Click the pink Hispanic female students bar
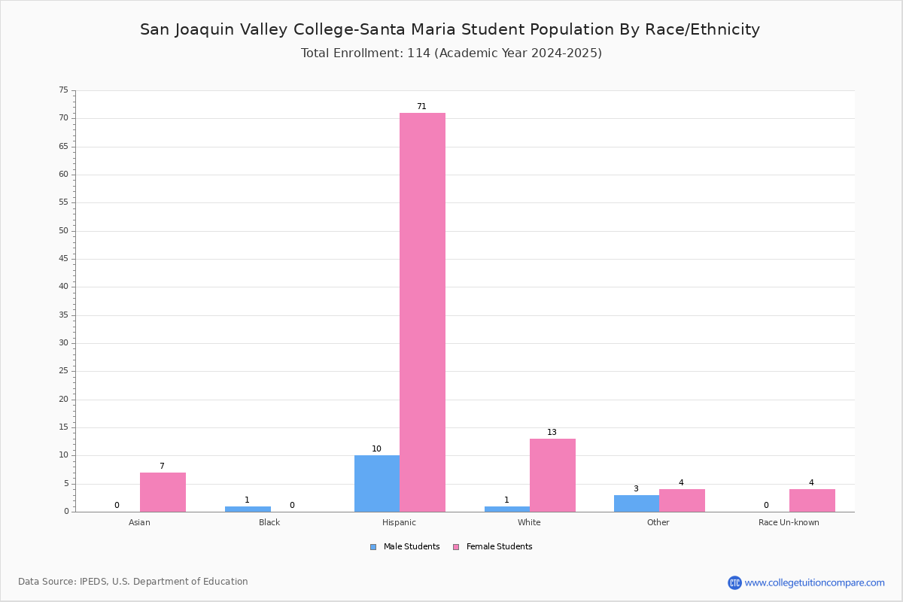click(422, 312)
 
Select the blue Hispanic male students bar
click(377, 484)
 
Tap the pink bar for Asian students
click(163, 492)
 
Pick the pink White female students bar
click(552, 476)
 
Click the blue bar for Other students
click(637, 503)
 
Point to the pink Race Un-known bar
click(812, 501)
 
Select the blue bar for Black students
click(248, 509)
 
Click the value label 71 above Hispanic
click(421, 106)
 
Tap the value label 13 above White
click(552, 432)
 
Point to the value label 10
click(376, 448)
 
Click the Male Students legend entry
click(405, 547)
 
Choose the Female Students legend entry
click(493, 547)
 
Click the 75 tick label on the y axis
click(64, 90)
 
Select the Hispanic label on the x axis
click(399, 522)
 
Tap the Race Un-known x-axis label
click(789, 522)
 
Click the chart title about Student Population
click(450, 29)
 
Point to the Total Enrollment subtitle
click(451, 53)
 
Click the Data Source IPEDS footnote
click(133, 582)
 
